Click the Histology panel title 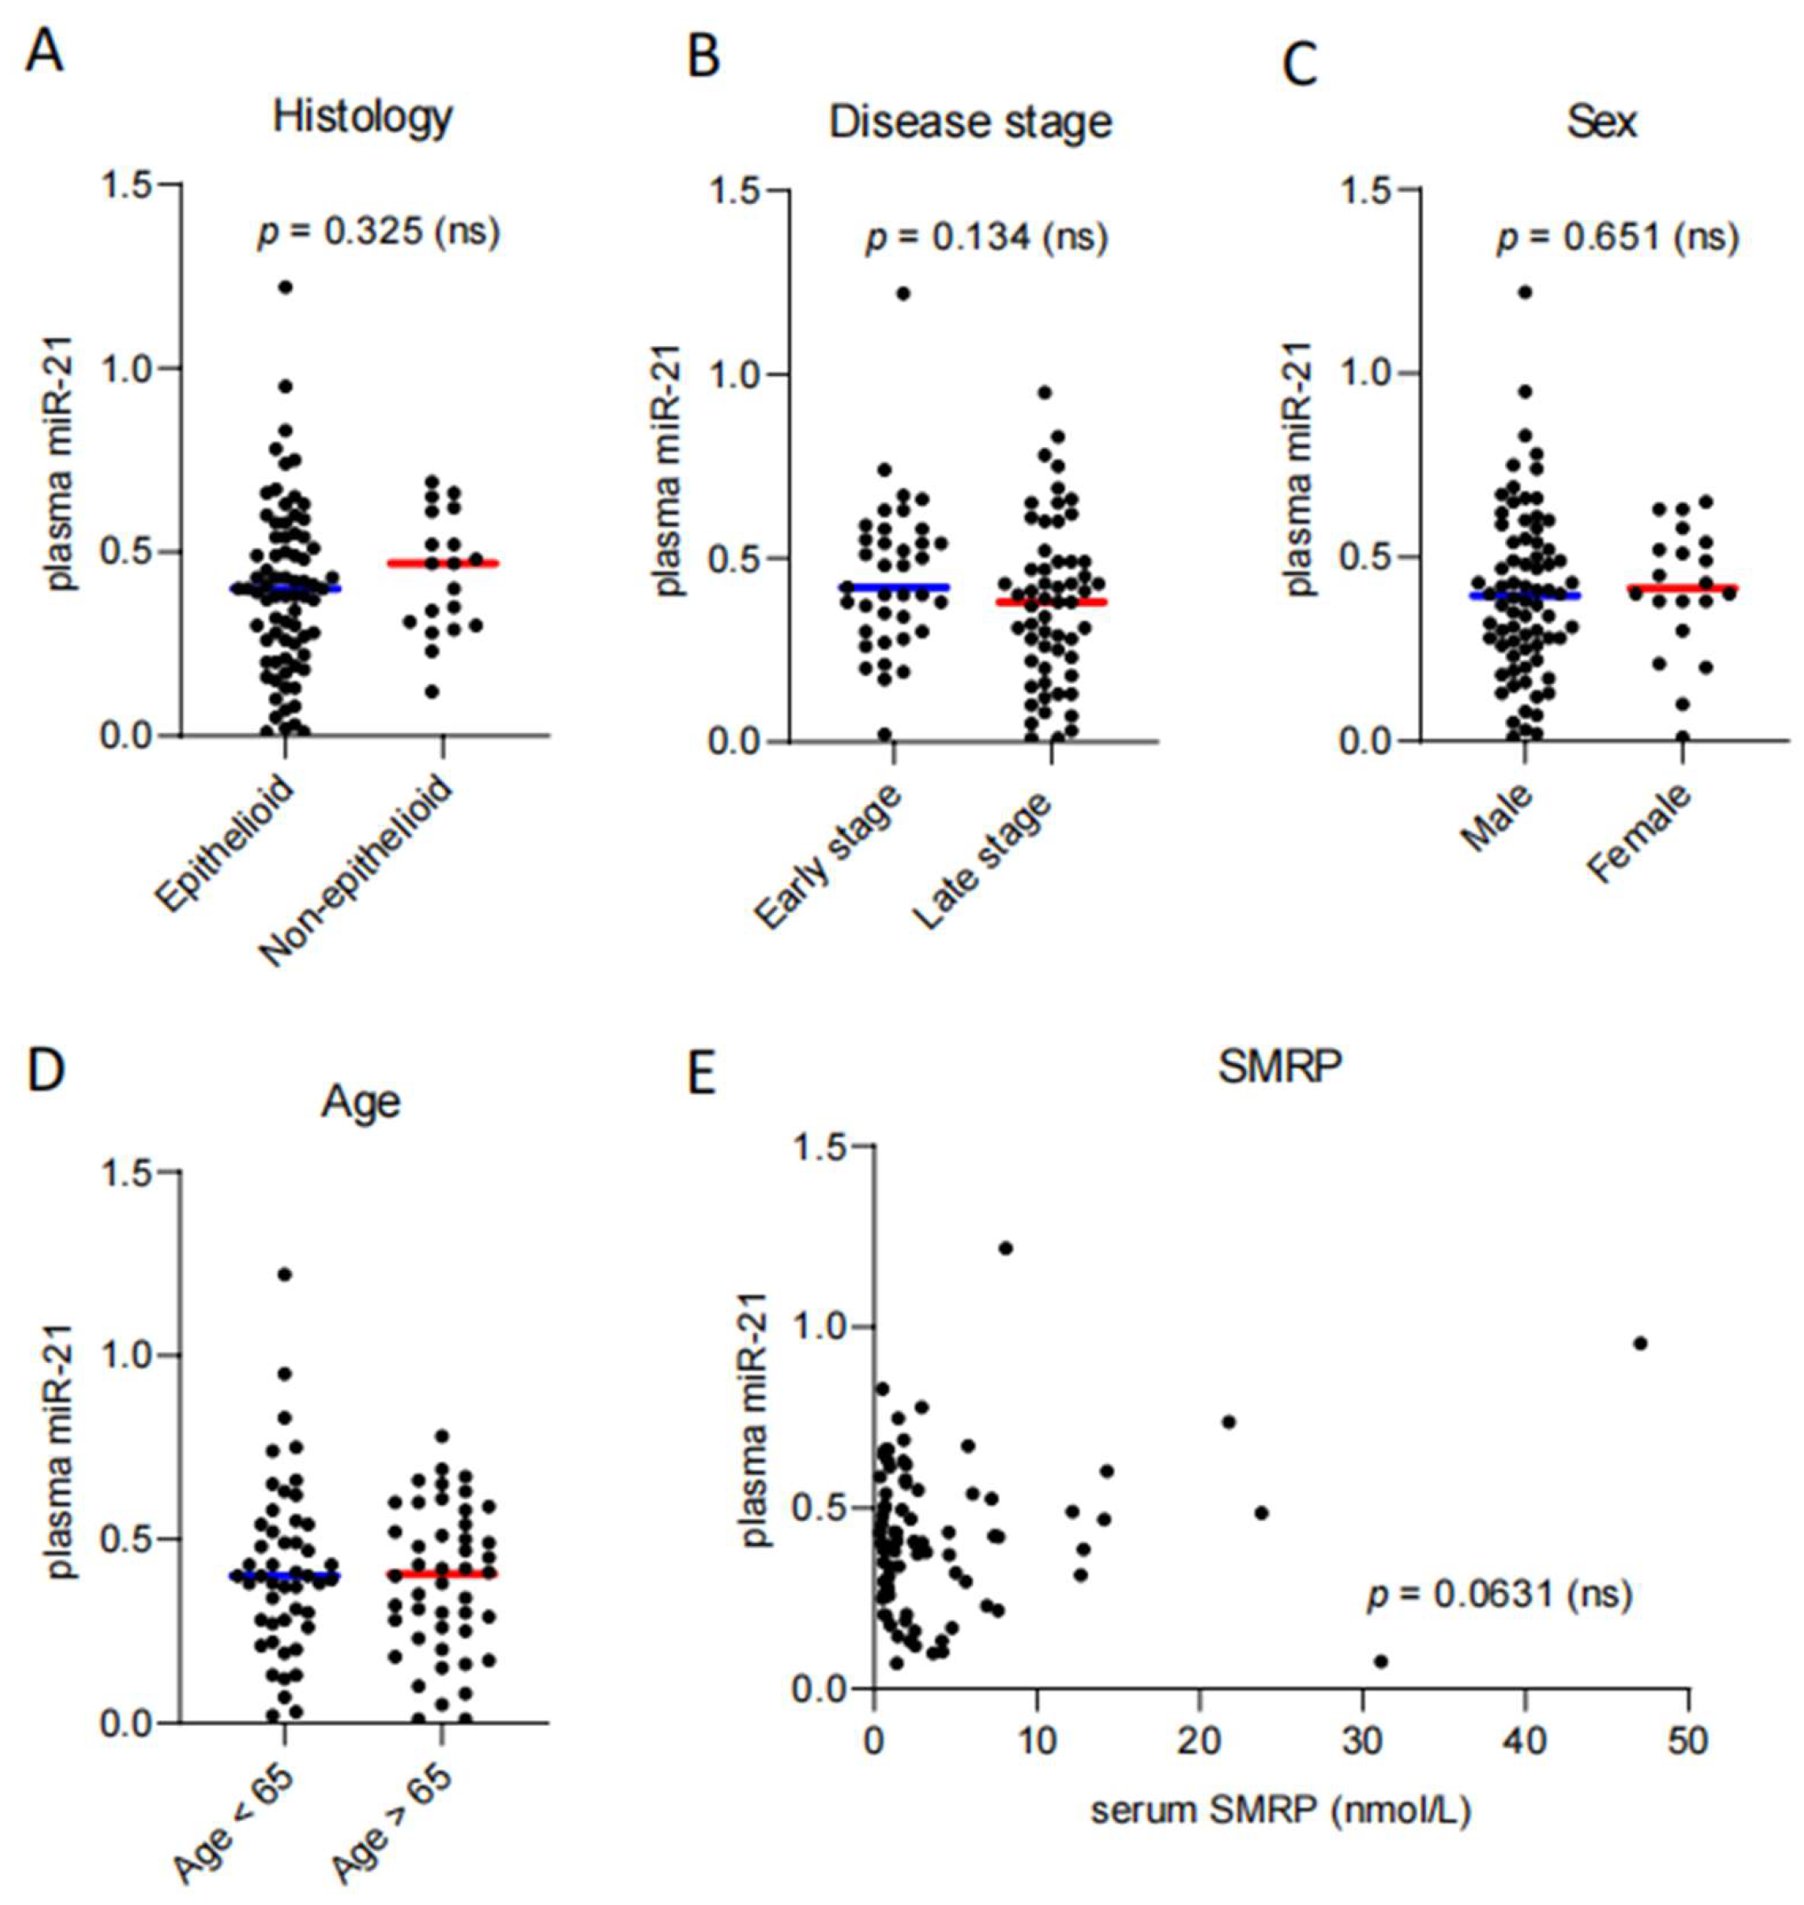363,117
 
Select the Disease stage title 969,122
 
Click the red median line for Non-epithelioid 443,563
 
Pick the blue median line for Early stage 894,586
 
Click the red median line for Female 1683,588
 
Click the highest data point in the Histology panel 285,286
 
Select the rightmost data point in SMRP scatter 1640,1344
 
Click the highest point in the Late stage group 1044,392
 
